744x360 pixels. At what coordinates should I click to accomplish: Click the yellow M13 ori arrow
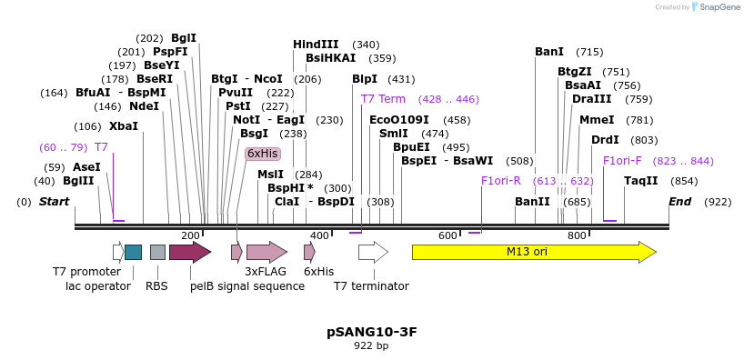click(533, 252)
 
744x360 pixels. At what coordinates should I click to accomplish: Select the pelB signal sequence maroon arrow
click(189, 252)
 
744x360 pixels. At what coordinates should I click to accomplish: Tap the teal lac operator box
click(133, 252)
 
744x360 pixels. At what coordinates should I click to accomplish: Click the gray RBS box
click(157, 252)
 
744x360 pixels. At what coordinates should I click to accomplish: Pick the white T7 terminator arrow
click(373, 252)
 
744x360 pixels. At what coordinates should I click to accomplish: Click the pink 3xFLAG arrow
click(266, 252)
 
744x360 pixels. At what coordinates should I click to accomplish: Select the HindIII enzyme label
click(316, 45)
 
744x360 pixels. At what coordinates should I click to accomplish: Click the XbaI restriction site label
click(123, 126)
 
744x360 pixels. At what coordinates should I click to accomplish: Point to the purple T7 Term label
click(383, 99)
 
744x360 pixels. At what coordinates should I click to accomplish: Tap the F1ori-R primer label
click(500, 181)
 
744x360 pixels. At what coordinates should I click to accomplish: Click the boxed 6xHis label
click(262, 154)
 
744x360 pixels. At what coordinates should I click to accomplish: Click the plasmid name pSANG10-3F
click(372, 332)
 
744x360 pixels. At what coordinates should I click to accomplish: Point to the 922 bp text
click(372, 346)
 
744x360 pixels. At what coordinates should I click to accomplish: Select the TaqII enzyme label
click(640, 181)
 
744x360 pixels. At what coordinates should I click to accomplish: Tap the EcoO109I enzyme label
click(399, 120)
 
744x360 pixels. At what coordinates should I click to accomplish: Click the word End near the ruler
click(679, 202)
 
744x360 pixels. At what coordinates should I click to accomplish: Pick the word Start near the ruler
click(54, 202)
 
